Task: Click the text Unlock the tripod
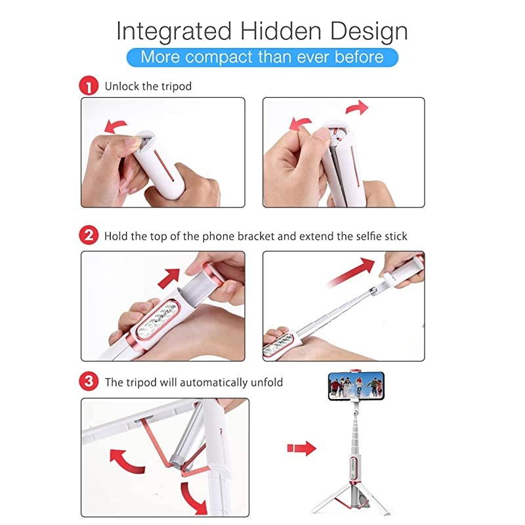(x=148, y=86)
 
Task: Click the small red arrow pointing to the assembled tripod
(x=301, y=448)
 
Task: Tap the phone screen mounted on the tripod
(x=354, y=385)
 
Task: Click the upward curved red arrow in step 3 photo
(x=126, y=460)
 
